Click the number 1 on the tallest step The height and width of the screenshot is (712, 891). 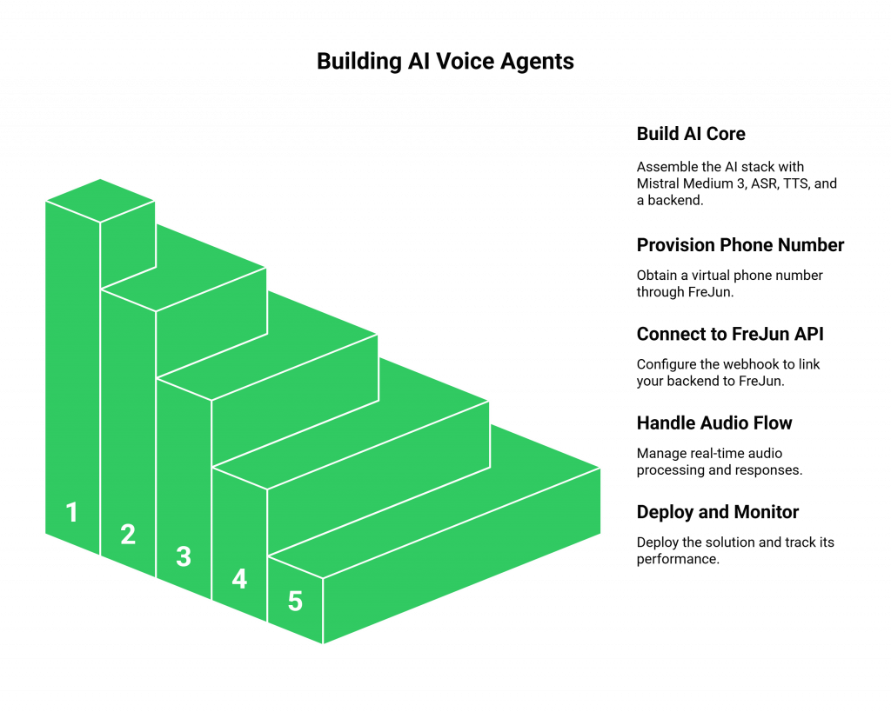tap(72, 513)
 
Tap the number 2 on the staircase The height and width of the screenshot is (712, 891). tap(128, 535)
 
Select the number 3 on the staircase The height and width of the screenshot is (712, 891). tap(184, 556)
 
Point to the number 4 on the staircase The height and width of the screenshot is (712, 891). tap(239, 579)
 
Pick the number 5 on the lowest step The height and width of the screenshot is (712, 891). tap(295, 601)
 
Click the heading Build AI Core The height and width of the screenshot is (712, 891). tap(690, 134)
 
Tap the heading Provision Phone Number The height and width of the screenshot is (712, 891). tap(740, 245)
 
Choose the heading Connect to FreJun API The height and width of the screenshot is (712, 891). tap(730, 334)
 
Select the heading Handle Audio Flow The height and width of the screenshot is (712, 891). tap(714, 423)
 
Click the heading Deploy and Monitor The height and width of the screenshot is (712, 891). tap(717, 512)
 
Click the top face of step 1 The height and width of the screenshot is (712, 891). tap(100, 200)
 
